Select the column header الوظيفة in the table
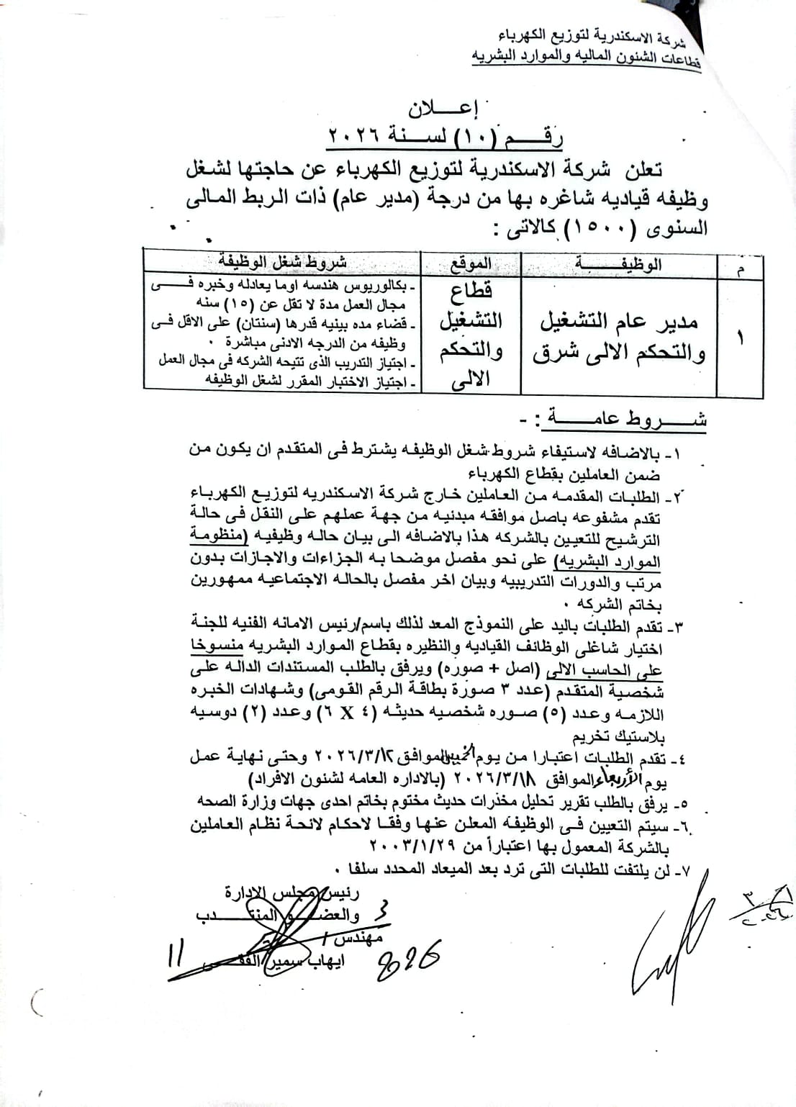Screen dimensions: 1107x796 tap(619, 265)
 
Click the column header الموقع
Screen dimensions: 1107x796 tap(471, 265)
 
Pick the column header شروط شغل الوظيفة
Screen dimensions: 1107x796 tap(283, 261)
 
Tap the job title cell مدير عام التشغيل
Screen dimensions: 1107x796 tap(619, 322)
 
